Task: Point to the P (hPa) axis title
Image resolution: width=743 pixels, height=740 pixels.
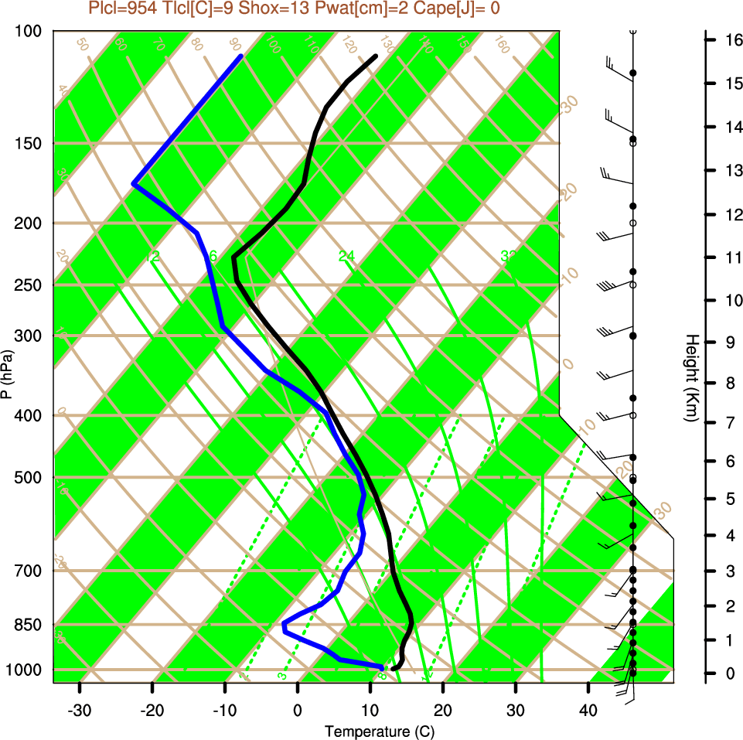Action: coord(7,374)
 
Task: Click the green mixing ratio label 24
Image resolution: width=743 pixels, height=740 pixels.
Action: coord(346,256)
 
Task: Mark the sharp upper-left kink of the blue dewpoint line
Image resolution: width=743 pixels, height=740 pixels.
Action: coord(134,184)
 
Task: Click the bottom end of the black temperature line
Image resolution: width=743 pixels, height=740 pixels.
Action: coord(394,668)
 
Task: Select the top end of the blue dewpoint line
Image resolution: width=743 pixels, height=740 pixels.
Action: coord(241,56)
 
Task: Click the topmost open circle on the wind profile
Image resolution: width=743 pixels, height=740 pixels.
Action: coord(633,31)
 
